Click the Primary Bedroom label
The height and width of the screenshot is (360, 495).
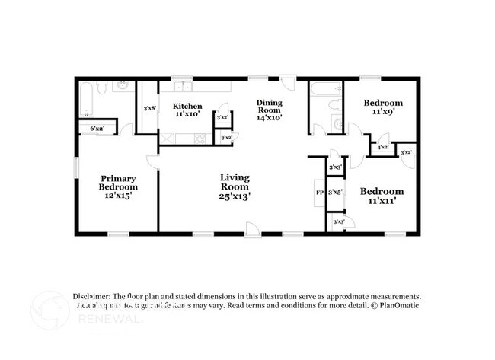(x=119, y=186)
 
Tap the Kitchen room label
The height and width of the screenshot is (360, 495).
(x=187, y=110)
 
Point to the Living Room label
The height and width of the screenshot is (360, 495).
(x=235, y=186)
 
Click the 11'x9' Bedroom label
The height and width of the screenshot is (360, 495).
(x=382, y=107)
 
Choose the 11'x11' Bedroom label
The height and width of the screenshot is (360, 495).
(x=382, y=196)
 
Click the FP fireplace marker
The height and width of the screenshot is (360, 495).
(x=320, y=193)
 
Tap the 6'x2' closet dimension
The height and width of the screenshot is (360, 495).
(x=97, y=129)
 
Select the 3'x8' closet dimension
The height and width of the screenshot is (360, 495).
(x=149, y=108)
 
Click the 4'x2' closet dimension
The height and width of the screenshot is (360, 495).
(x=382, y=147)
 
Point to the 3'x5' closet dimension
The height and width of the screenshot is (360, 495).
(x=335, y=193)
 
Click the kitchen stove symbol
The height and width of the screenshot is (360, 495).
(x=200, y=138)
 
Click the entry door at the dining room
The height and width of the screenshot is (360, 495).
(x=286, y=81)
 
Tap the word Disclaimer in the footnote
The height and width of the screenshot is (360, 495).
(x=91, y=296)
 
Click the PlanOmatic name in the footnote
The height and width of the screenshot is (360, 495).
(x=401, y=304)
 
